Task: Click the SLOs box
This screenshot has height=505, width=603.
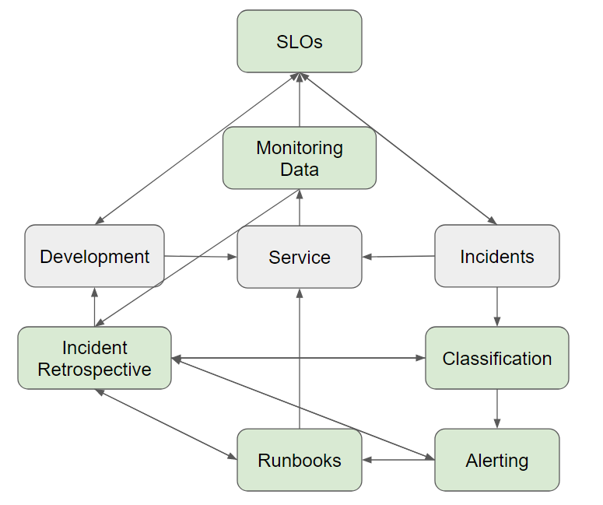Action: pos(300,41)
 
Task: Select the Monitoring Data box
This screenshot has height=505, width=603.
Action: pos(300,158)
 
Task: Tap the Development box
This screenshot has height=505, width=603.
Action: pos(94,256)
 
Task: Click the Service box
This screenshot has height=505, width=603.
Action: pos(300,257)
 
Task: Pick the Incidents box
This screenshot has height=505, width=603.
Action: pos(496,256)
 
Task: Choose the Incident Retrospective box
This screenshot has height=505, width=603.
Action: pos(94,358)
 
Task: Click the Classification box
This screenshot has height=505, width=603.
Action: pos(496,358)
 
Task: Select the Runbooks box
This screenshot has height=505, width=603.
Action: pos(300,460)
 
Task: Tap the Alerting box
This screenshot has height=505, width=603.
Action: pos(496,460)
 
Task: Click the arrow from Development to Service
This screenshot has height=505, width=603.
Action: pos(201,256)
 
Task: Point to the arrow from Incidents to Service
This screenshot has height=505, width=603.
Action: pos(398,256)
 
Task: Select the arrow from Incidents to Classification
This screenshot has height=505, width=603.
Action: pos(497,307)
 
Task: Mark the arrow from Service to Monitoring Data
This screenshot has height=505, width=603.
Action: pos(300,208)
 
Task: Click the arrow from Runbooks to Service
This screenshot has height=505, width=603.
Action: pos(300,358)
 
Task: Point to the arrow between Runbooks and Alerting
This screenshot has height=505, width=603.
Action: pos(398,460)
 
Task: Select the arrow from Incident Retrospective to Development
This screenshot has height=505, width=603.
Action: pos(94,307)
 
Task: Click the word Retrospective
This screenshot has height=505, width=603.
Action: pos(94,369)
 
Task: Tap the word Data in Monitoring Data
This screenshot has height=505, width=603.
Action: pos(300,169)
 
